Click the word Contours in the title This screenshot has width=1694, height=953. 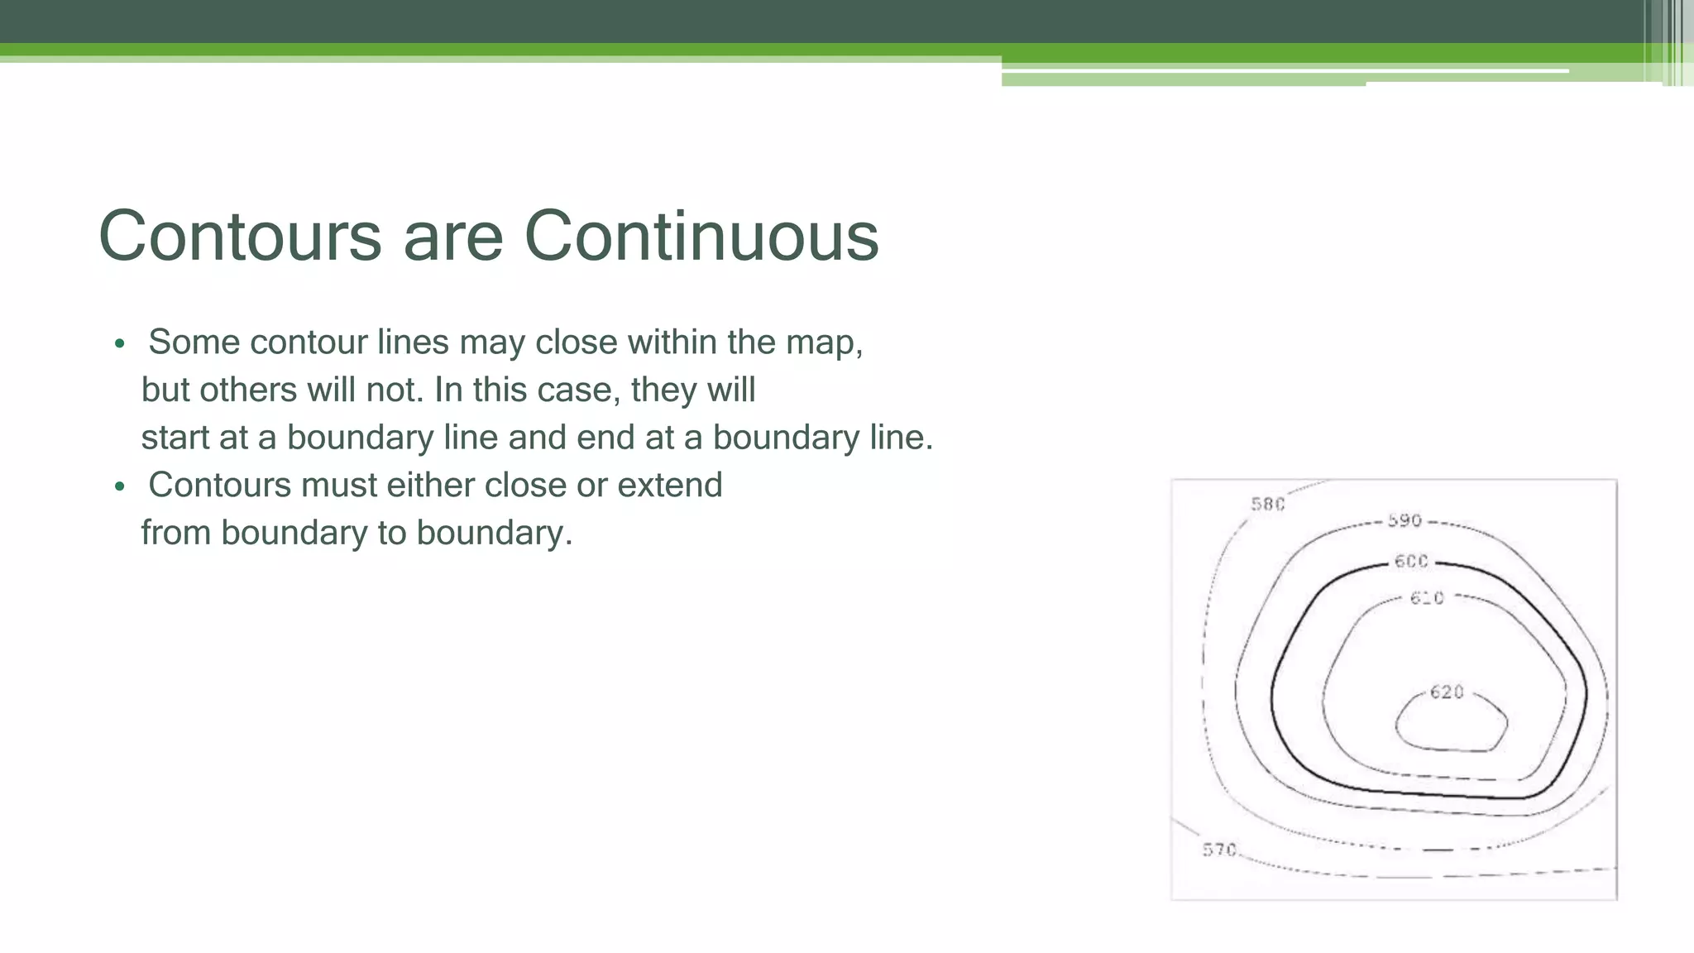240,237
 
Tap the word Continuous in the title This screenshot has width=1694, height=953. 701,237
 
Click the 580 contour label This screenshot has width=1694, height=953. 1267,504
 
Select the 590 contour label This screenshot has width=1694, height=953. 1404,520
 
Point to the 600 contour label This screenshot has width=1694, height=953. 1411,561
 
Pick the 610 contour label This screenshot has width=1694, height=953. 1427,597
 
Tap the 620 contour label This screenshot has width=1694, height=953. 1447,692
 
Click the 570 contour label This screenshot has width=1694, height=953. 1219,850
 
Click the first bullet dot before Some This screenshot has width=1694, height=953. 120,343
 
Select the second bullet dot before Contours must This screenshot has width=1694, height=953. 120,486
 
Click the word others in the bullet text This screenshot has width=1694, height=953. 248,390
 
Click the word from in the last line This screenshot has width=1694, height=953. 175,533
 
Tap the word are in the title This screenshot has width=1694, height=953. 452,237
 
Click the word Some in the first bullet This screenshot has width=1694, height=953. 194,342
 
